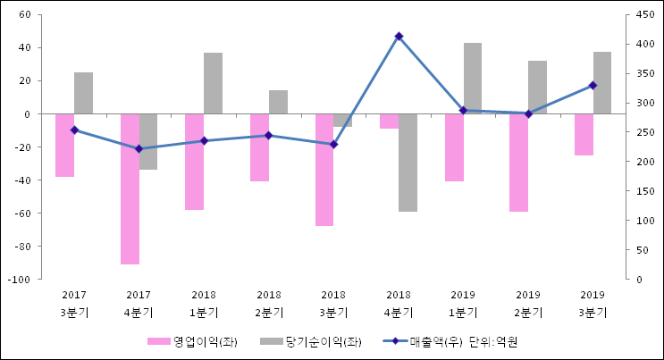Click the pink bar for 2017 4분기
coord(130,188)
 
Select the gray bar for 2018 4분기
coord(408,163)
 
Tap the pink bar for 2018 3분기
coord(324,170)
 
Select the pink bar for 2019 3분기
coord(584,135)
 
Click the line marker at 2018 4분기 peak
coord(399,37)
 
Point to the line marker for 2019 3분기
coord(593,85)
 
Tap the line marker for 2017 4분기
coord(139,148)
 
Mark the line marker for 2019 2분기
coord(528,113)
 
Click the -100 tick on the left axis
coord(21,280)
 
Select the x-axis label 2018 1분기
coord(204,304)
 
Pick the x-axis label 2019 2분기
coord(528,304)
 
